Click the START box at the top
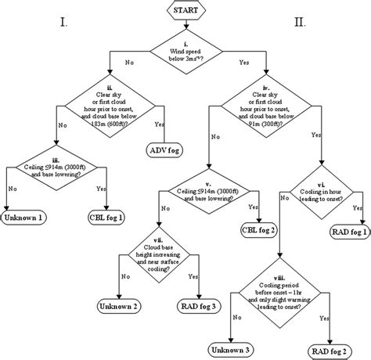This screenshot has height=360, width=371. click(x=185, y=10)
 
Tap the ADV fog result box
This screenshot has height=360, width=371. click(x=163, y=149)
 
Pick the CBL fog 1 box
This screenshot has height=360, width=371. click(x=108, y=217)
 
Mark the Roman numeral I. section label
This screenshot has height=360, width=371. click(x=63, y=23)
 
